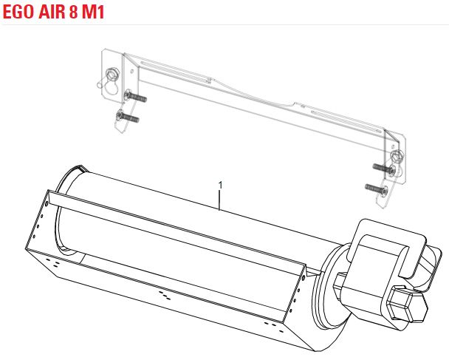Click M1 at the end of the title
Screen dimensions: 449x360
(93, 12)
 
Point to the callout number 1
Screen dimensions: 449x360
(220, 185)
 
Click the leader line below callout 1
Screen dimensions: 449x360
(219, 200)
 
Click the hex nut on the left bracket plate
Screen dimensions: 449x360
(111, 73)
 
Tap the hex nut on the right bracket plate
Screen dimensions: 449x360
(396, 157)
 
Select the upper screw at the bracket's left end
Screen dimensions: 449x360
(135, 96)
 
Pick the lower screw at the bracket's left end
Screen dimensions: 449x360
(128, 117)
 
